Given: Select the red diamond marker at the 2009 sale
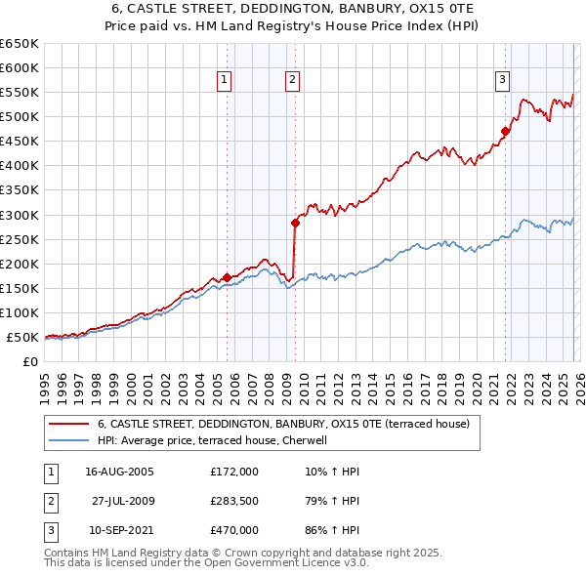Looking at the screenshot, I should pos(294,223).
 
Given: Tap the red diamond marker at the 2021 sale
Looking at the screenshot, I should pos(505,131).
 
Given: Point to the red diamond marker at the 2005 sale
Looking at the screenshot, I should pos(227,277).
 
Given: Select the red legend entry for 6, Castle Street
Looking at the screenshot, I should pos(283,424).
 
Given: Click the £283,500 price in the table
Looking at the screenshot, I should pos(234,501).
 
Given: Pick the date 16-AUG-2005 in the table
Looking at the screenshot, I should pos(119,472).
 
